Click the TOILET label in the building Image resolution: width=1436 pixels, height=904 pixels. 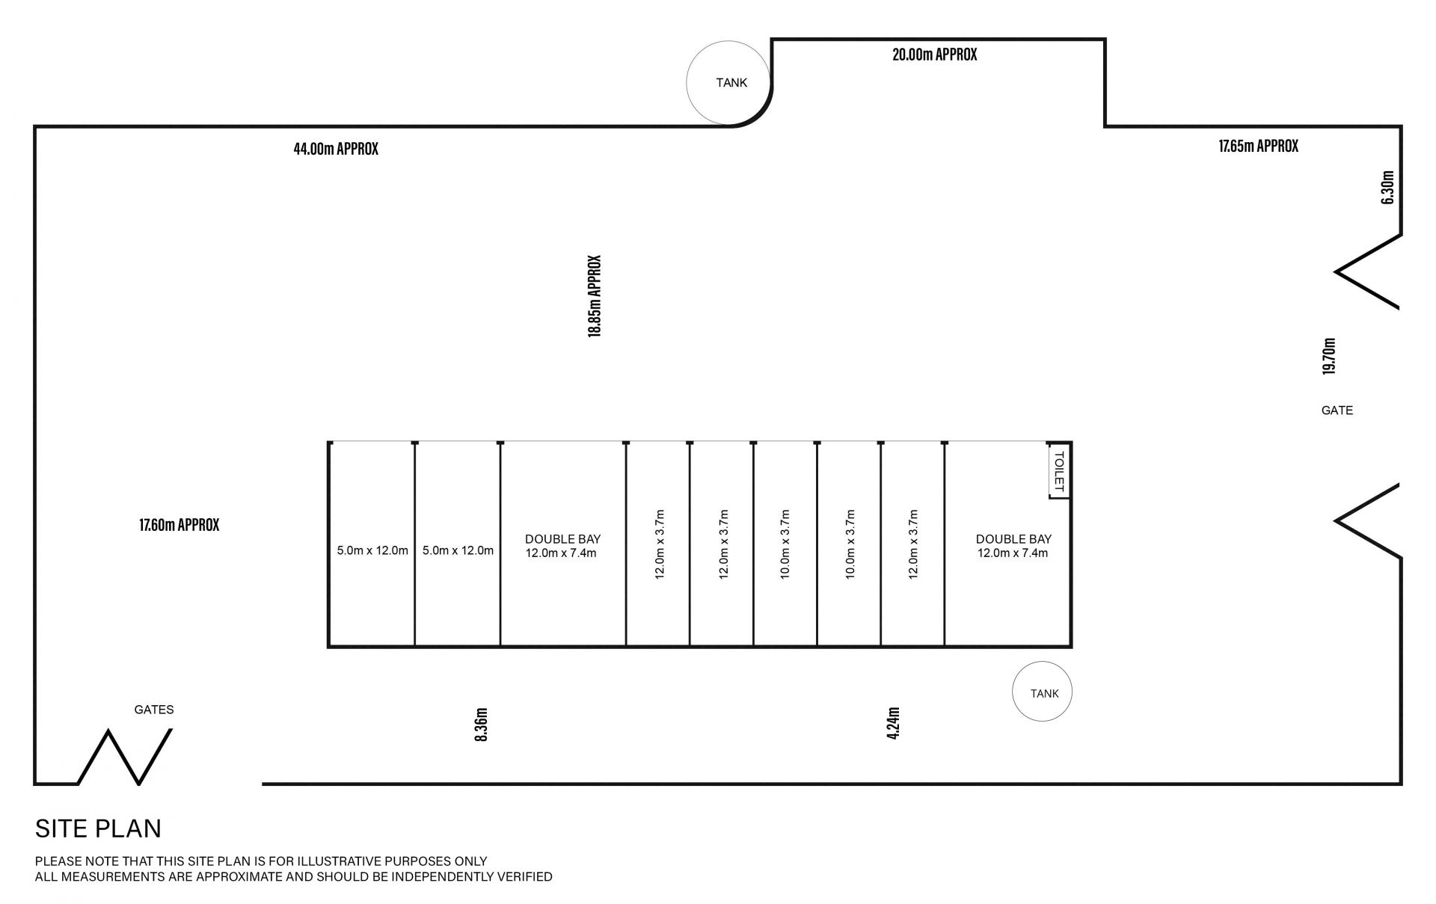coord(1058,471)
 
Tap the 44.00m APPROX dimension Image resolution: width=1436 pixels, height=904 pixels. coord(336,149)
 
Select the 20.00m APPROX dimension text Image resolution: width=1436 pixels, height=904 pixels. coord(934,55)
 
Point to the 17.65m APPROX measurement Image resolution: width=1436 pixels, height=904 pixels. coord(1259,146)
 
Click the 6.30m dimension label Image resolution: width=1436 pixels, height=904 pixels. coord(1388,188)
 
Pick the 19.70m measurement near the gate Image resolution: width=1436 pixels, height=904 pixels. coord(1329,357)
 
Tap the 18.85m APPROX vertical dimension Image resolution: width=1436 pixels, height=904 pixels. coord(595,296)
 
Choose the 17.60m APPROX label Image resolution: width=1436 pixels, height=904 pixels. coord(179,525)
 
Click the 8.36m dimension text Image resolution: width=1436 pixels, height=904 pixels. coord(482,725)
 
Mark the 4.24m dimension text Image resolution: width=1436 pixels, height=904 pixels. coord(893,724)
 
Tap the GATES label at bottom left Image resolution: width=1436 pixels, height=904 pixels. coord(154,710)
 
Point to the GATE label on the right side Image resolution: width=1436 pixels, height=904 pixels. coord(1337,410)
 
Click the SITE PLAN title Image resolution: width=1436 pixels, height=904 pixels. coord(99,828)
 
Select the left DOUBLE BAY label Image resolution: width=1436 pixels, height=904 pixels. coord(562,539)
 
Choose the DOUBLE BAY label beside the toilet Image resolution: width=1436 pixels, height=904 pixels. coord(1013,539)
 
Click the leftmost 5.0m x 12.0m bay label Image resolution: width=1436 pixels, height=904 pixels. coord(372,551)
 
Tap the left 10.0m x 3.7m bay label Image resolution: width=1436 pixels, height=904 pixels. coord(785,545)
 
